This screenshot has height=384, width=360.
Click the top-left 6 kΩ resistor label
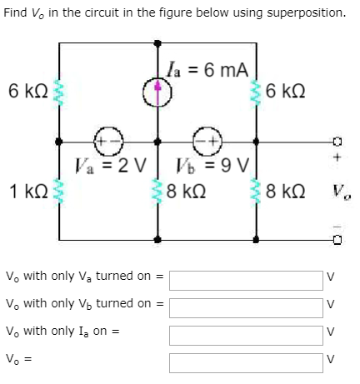[x=25, y=89]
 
